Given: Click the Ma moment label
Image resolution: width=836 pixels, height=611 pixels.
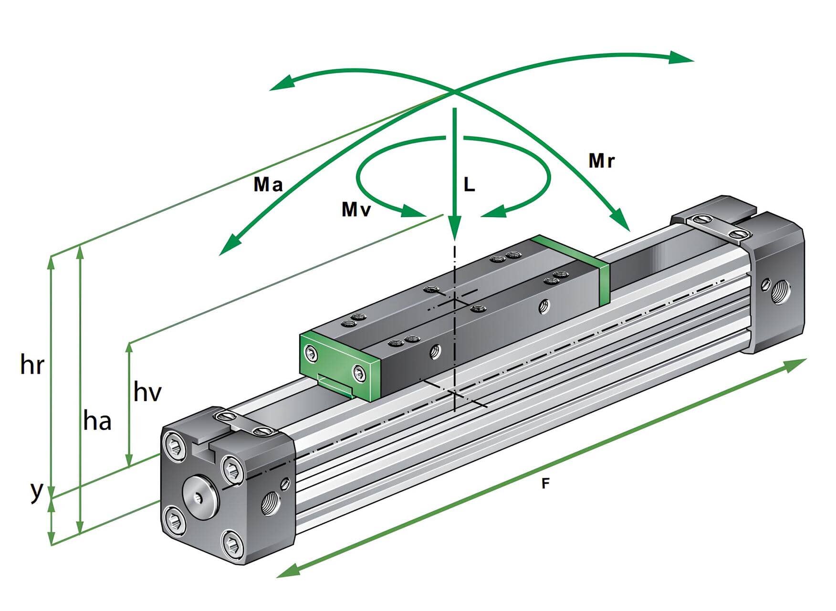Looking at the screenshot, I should [x=268, y=184].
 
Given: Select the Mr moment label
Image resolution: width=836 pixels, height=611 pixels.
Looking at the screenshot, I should [x=601, y=161].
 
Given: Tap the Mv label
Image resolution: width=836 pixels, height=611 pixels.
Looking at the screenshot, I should [x=356, y=209].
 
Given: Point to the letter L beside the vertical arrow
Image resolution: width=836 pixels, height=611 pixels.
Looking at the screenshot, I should [x=469, y=185].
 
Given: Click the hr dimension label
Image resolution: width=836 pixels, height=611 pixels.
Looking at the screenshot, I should [x=32, y=366].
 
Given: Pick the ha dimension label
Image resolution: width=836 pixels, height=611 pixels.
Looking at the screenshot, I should [x=97, y=421].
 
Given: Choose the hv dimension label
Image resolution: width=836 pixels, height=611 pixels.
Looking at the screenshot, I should [x=147, y=392].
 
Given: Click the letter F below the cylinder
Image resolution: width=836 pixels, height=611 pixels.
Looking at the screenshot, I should [x=545, y=484].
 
